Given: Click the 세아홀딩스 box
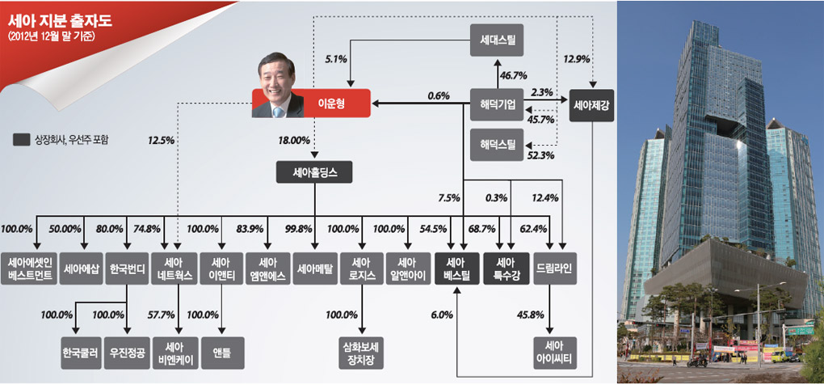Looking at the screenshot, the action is [315, 171].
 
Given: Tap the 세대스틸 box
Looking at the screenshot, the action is [497, 40].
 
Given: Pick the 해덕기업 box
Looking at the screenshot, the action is [497, 104].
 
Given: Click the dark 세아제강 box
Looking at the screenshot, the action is [591, 105].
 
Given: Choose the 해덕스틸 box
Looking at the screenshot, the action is [497, 144].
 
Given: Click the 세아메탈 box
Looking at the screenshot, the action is [315, 269].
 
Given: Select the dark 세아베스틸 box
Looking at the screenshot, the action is [456, 269].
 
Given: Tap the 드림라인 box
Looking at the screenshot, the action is [555, 269].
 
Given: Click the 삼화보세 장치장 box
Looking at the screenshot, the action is [362, 353].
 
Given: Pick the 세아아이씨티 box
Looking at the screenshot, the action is [555, 353].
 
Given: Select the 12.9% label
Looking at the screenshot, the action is [577, 58].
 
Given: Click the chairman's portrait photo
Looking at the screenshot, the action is [277, 85].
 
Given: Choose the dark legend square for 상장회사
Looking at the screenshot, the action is [21, 140].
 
